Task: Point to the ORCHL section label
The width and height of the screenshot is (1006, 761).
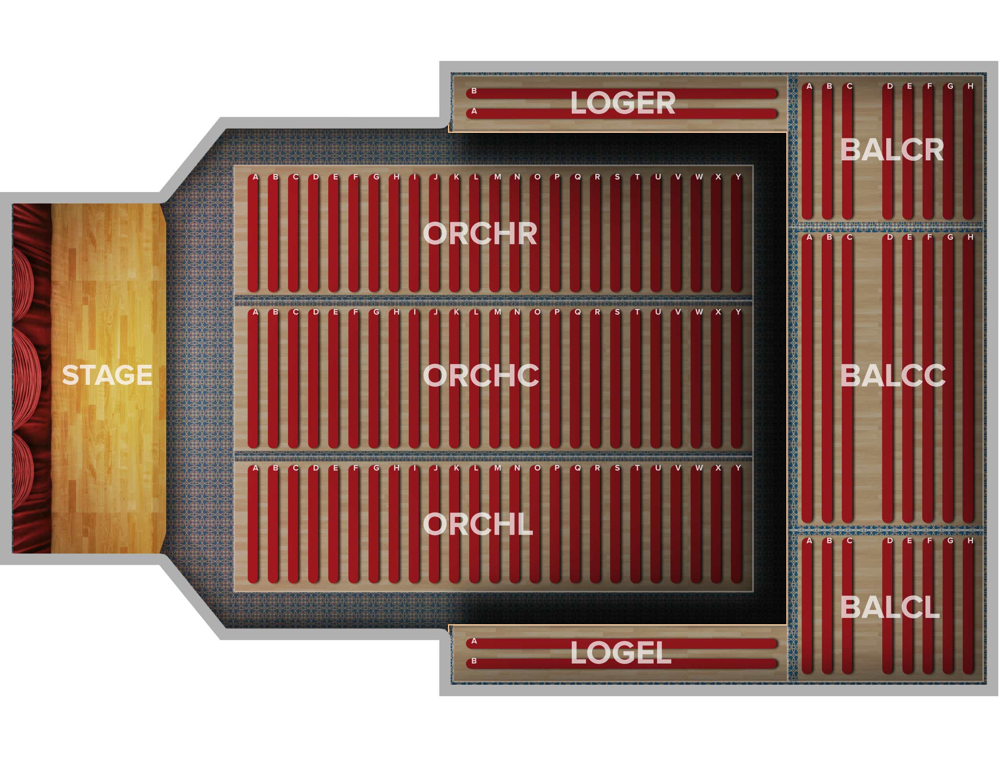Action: tap(477, 524)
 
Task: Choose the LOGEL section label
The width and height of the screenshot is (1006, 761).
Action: tap(621, 653)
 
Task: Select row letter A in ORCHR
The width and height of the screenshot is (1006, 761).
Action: tap(255, 177)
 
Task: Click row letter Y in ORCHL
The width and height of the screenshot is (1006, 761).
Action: tap(738, 468)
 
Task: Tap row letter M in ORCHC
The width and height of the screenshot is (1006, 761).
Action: tap(497, 312)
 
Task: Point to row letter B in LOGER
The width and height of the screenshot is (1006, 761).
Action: tap(474, 91)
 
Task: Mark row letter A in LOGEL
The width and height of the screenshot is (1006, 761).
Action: tap(474, 641)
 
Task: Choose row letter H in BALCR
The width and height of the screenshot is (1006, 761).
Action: tap(970, 86)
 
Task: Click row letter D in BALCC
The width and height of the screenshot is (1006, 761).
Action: tap(890, 237)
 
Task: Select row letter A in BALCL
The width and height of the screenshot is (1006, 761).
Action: tap(809, 541)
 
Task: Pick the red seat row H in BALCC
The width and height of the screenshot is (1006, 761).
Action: tap(968, 379)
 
